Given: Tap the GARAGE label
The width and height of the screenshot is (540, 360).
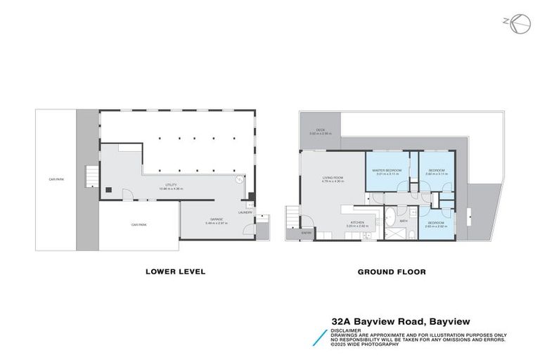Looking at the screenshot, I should point(214,219).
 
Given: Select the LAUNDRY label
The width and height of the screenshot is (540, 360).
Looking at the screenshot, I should point(245,212).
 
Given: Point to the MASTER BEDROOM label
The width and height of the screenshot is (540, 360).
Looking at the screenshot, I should point(387,170).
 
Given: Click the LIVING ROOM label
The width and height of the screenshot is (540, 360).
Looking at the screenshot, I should point(332,179).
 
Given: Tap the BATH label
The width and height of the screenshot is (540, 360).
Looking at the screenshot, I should point(404,221).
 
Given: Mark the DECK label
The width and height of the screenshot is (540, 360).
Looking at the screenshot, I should point(320,130).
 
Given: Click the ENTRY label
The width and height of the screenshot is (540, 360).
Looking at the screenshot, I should point(307,232).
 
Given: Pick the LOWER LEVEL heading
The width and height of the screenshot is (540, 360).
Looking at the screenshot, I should point(175,271).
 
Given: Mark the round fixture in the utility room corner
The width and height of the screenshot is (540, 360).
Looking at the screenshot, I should point(239,179).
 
